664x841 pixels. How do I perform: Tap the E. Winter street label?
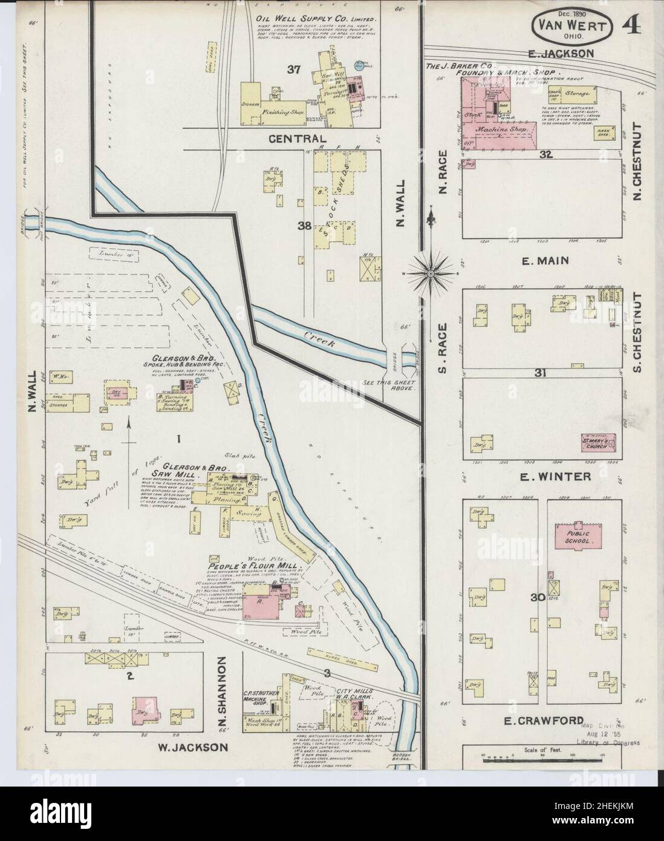(547, 477)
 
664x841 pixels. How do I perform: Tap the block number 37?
(294, 70)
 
